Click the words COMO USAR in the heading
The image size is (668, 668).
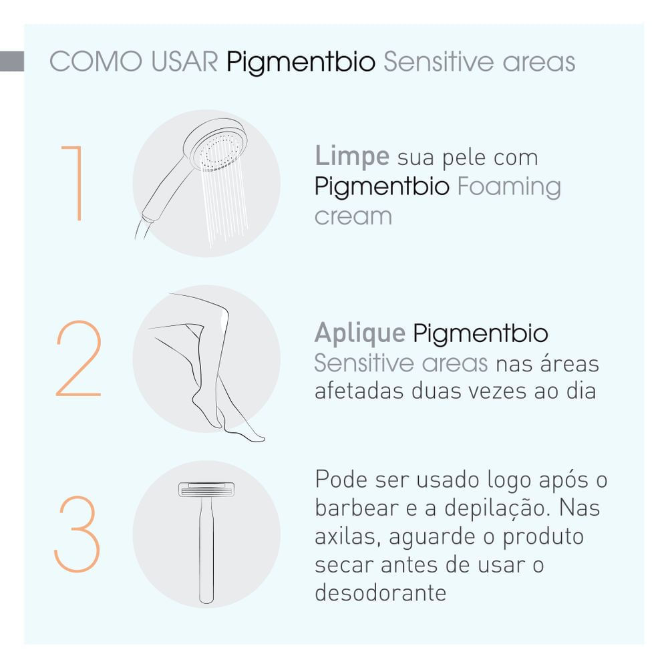coord(134,61)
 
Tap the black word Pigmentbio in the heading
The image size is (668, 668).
coord(301,63)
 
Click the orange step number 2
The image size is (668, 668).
coord(78,359)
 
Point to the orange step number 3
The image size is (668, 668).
coord(77,534)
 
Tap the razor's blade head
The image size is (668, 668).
coord(206,490)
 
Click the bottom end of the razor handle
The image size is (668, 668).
coord(206,601)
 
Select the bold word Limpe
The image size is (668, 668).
coord(352,157)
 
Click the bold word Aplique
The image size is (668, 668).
coord(360,333)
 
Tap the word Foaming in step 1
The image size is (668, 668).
coord(509,188)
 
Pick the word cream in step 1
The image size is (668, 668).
coord(353,216)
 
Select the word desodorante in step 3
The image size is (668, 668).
coord(381,592)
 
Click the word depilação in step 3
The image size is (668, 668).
coord(497,509)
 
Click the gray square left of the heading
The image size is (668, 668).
coord(12,61)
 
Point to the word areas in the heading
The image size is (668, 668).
coord(539,62)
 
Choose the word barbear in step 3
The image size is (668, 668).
coord(357,508)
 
